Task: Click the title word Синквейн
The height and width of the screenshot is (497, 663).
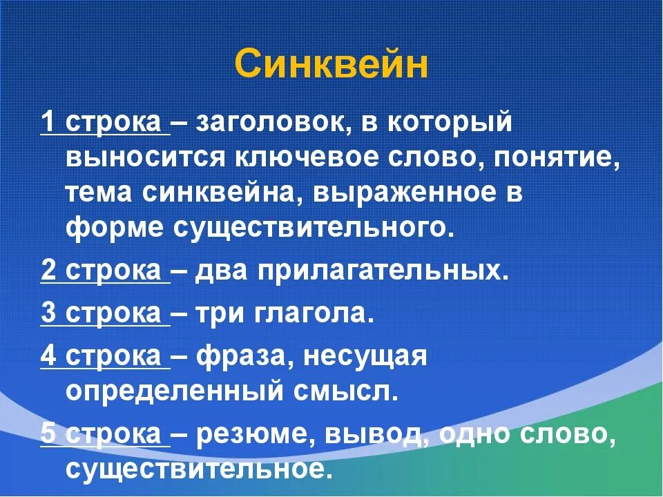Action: [x=331, y=65]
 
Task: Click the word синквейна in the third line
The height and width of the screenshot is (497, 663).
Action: [x=222, y=193]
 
